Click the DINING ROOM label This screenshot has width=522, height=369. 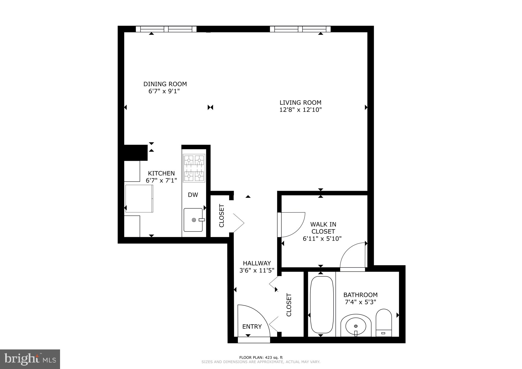tap(165, 84)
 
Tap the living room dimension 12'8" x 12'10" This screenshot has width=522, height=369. tap(300, 110)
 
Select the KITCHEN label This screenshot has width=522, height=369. tap(161, 173)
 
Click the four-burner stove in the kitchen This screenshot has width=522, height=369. tap(194, 168)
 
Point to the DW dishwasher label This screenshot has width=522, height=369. tap(193, 195)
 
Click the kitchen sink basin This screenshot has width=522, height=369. tap(193, 220)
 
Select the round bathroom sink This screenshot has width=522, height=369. tap(356, 326)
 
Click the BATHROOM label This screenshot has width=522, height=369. tap(360, 295)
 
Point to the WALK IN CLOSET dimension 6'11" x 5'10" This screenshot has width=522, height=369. tap(322, 239)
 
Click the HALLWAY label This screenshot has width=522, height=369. tap(257, 263)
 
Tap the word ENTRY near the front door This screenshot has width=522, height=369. tap(252, 326)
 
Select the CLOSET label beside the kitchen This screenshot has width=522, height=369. tap(222, 216)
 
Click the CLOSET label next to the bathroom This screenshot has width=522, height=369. tap(289, 305)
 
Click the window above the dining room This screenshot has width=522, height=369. tap(166, 29)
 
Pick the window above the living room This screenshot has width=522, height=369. tap(300, 29)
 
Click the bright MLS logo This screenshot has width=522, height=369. tap(30, 359)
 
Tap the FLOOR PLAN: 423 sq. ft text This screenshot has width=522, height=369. tap(261, 358)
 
